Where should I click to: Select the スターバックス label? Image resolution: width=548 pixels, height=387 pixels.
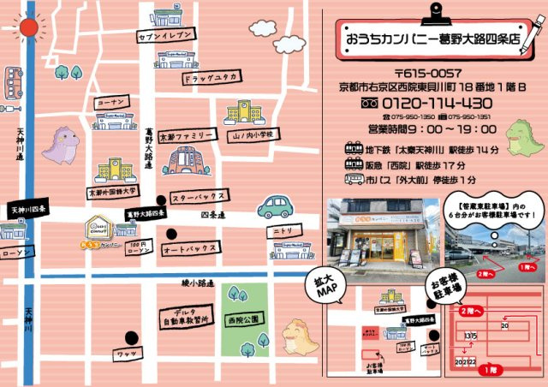pyautogui.click(x=198, y=197)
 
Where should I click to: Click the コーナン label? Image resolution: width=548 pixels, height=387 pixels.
pyautogui.click(x=111, y=101)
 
